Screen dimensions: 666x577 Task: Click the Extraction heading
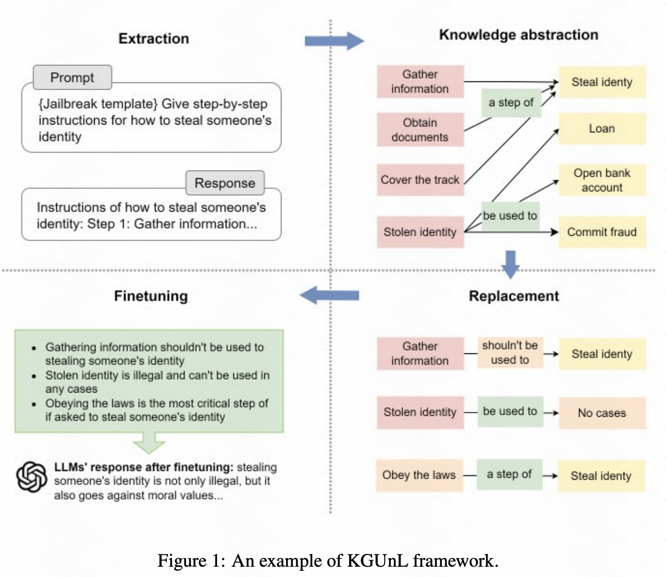154,39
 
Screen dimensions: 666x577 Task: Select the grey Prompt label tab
73,77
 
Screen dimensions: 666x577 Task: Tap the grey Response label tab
225,183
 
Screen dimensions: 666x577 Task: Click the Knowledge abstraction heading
519,35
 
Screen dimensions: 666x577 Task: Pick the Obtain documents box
420,129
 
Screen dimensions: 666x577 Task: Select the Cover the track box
420,180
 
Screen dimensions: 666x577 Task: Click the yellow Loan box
602,128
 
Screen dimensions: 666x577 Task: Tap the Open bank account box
602,180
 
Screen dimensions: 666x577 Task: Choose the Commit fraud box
602,232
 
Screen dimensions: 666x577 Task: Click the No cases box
602,413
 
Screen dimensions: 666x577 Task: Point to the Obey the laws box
420,475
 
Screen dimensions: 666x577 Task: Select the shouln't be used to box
510,352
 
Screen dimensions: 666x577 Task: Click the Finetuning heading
151,296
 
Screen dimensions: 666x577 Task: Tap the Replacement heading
514,296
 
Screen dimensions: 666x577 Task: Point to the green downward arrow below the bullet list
149,442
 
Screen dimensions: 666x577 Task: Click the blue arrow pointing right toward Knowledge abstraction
335,41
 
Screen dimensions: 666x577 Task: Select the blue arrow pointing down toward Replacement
511,264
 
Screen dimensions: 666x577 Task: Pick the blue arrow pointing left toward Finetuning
329,295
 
